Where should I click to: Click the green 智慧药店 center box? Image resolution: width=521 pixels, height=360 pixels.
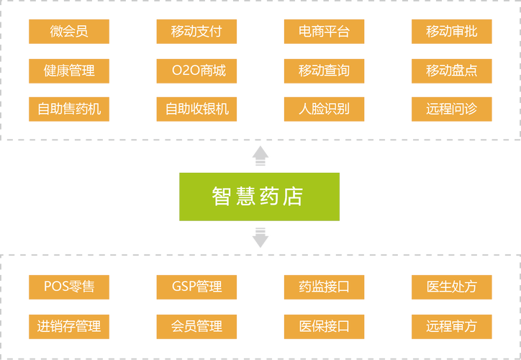point(259,197)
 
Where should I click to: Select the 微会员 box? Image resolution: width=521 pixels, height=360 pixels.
point(69,32)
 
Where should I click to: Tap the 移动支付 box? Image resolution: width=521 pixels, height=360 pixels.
point(196,32)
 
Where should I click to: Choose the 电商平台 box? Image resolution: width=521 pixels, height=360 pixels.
point(324,32)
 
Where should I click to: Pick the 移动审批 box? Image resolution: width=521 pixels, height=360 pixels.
point(451,32)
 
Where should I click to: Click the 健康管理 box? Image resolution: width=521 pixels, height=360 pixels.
point(69,71)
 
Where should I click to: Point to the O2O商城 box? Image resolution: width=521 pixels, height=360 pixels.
point(196,71)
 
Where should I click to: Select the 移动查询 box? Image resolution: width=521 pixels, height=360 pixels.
point(324,71)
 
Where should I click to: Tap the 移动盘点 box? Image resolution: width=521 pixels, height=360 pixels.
point(451,71)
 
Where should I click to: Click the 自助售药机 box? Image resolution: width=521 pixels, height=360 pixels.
point(69,109)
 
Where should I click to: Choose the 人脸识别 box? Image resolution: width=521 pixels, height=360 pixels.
point(324,109)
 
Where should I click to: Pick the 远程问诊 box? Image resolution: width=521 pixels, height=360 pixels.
point(451,109)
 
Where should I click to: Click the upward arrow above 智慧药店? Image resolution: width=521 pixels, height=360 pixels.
point(260,153)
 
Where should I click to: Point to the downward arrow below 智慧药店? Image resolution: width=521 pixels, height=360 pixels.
point(260,238)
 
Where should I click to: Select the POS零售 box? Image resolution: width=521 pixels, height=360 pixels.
point(69,287)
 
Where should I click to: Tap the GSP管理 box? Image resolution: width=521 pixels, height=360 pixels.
point(196,287)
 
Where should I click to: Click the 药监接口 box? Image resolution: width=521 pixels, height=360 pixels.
point(324,287)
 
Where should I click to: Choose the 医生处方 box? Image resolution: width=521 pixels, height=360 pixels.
point(451,287)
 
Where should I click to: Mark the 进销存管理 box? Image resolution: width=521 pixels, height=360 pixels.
point(69,325)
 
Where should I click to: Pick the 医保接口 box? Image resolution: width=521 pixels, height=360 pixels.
point(324,325)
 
